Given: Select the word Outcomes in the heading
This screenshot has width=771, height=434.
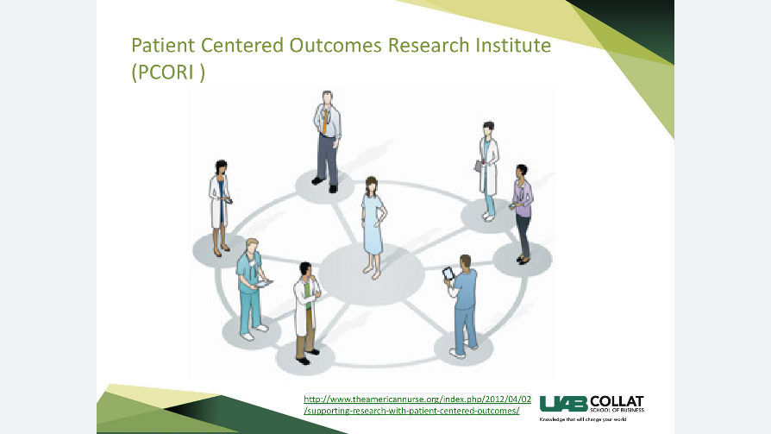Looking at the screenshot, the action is pyautogui.click(x=335, y=45).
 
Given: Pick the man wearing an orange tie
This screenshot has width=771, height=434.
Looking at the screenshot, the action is pyautogui.click(x=327, y=142).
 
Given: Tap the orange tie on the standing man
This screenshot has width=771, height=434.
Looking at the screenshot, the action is pyautogui.click(x=324, y=121).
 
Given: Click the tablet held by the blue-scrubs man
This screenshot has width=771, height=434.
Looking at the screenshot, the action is pyautogui.click(x=448, y=274).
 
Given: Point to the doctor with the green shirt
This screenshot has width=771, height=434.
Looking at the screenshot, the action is pyautogui.click(x=307, y=313).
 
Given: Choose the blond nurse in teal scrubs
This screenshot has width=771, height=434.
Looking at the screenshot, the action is pyautogui.click(x=252, y=289).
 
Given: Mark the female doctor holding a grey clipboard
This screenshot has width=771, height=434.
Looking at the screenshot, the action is pyautogui.click(x=487, y=171).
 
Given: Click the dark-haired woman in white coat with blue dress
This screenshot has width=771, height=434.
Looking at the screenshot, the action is pyautogui.click(x=220, y=208).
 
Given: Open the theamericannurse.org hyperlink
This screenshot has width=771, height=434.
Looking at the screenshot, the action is pyautogui.click(x=417, y=405).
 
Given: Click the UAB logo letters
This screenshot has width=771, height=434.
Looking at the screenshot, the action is pyautogui.click(x=563, y=404).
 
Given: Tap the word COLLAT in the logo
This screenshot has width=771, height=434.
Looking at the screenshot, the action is pyautogui.click(x=617, y=401).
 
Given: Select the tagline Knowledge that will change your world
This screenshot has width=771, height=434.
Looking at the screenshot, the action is pyautogui.click(x=583, y=419).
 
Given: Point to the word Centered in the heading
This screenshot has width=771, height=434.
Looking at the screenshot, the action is pyautogui.click(x=242, y=45).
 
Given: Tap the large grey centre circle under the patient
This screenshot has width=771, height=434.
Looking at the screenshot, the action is pyautogui.click(x=372, y=274).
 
